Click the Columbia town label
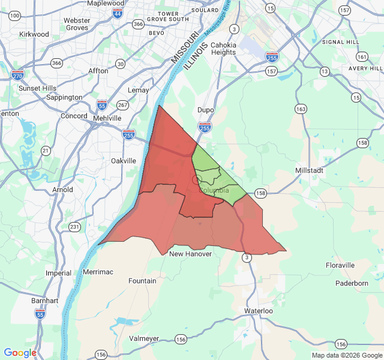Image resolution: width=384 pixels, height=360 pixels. (x=214, y=190)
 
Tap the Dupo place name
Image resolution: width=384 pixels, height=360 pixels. (x=206, y=110)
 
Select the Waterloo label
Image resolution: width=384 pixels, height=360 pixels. (x=259, y=311)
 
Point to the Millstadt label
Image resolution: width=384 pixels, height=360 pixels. (x=310, y=170)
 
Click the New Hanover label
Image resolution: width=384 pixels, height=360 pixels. (x=190, y=254)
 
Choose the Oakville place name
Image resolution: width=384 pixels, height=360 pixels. (x=124, y=161)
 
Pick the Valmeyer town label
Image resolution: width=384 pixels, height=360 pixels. (x=144, y=338)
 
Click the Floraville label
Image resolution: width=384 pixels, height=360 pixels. (x=340, y=265)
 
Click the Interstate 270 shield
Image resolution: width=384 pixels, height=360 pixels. (x=17, y=76)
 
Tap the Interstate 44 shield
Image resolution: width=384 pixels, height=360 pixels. (x=118, y=13)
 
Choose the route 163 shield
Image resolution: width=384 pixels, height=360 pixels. (x=301, y=109)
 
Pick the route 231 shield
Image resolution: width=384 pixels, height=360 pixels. (x=74, y=227)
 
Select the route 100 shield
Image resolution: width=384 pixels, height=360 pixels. (x=15, y=15)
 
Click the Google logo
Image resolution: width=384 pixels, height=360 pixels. (x=20, y=353)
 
